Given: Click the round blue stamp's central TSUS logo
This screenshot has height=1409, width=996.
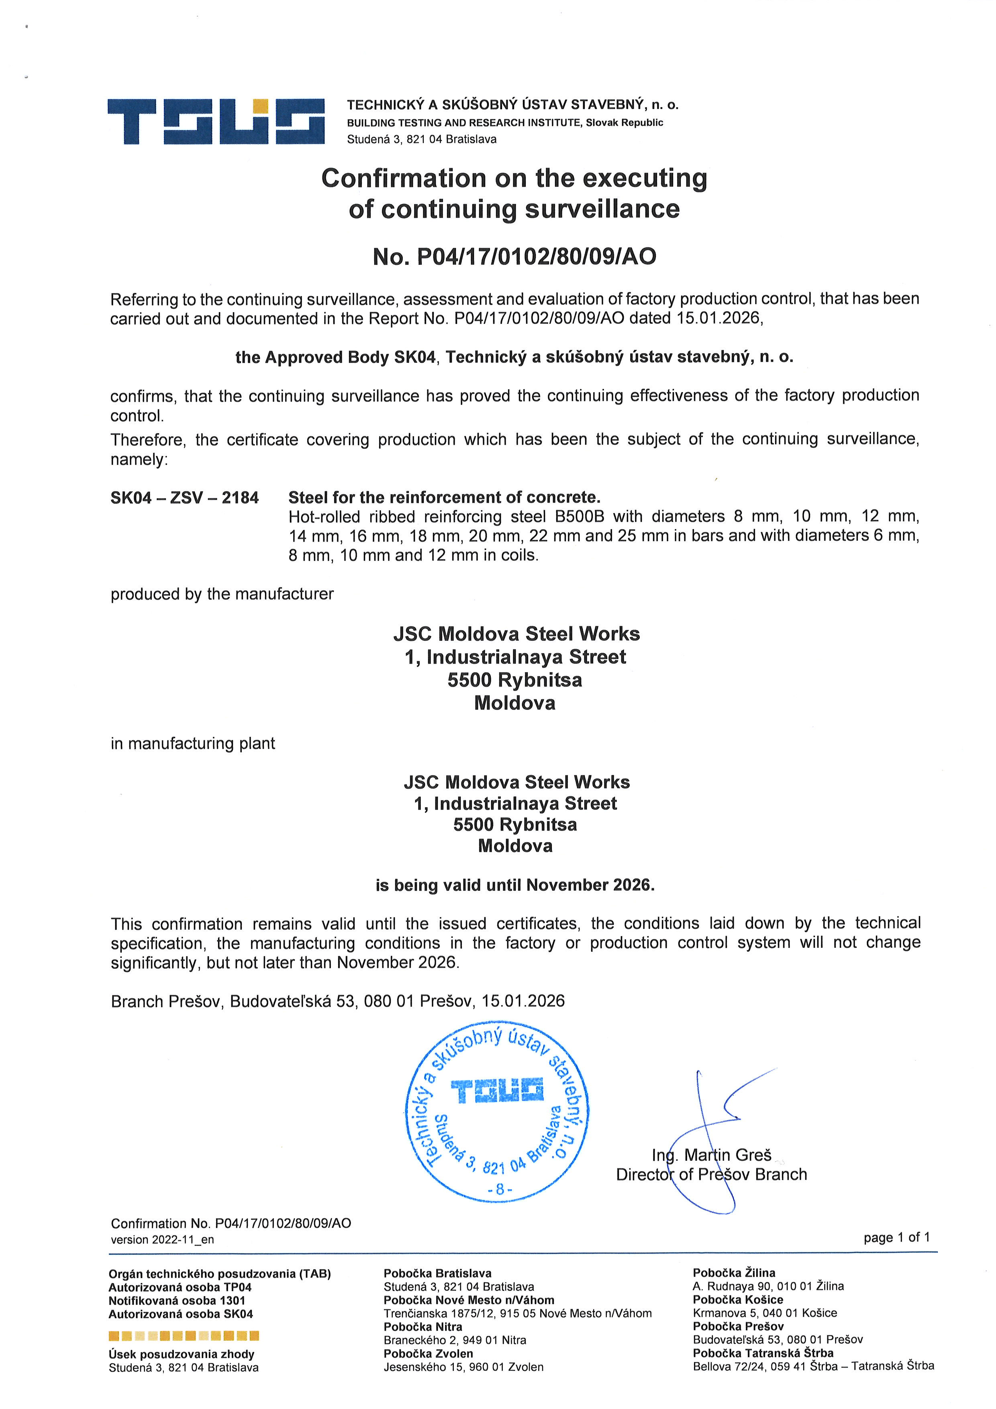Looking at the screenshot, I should [x=497, y=1090].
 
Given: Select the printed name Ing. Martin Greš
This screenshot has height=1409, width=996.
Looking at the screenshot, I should [x=711, y=1155].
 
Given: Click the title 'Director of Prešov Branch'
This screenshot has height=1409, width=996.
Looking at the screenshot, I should [x=711, y=1175].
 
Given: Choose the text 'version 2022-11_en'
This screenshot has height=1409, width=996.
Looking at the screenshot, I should [x=163, y=1239].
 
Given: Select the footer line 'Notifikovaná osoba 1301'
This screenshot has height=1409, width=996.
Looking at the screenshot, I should [x=177, y=1301].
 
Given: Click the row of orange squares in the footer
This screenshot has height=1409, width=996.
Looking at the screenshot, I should [x=184, y=1335].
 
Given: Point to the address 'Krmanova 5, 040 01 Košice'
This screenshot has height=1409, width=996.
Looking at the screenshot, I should [x=765, y=1313].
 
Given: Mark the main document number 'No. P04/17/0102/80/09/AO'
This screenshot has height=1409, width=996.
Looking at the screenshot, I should [x=514, y=256].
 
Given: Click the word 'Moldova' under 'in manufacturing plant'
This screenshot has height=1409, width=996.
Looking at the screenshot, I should [x=515, y=846].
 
